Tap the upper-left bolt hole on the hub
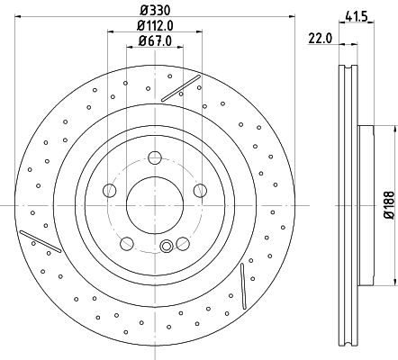pyautogui.click(x=109, y=190)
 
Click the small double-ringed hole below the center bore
pyautogui.click(x=165, y=248)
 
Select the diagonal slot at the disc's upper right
pyautogui.click(x=181, y=87)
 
